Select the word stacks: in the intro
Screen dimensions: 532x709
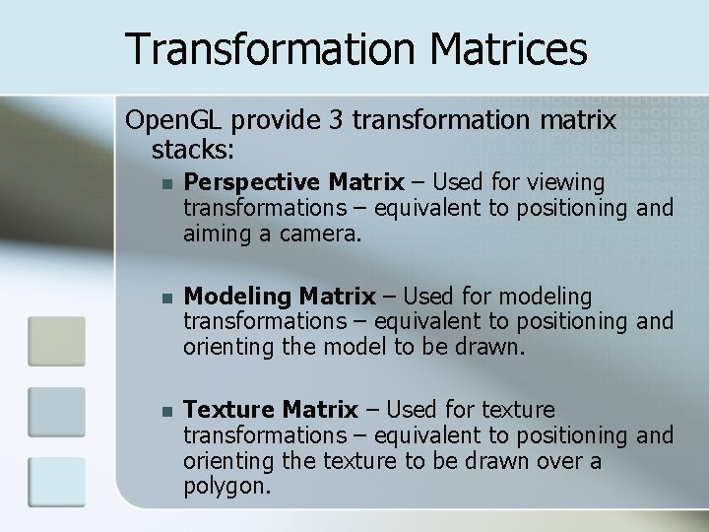(x=193, y=150)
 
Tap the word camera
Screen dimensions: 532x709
(x=322, y=234)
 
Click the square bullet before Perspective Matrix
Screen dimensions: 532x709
(x=166, y=184)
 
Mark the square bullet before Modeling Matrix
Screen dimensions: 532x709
(x=166, y=298)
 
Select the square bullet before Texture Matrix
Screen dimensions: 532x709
(x=166, y=411)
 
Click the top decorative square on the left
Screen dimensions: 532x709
(x=56, y=341)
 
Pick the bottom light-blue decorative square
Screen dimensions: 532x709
(x=56, y=482)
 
